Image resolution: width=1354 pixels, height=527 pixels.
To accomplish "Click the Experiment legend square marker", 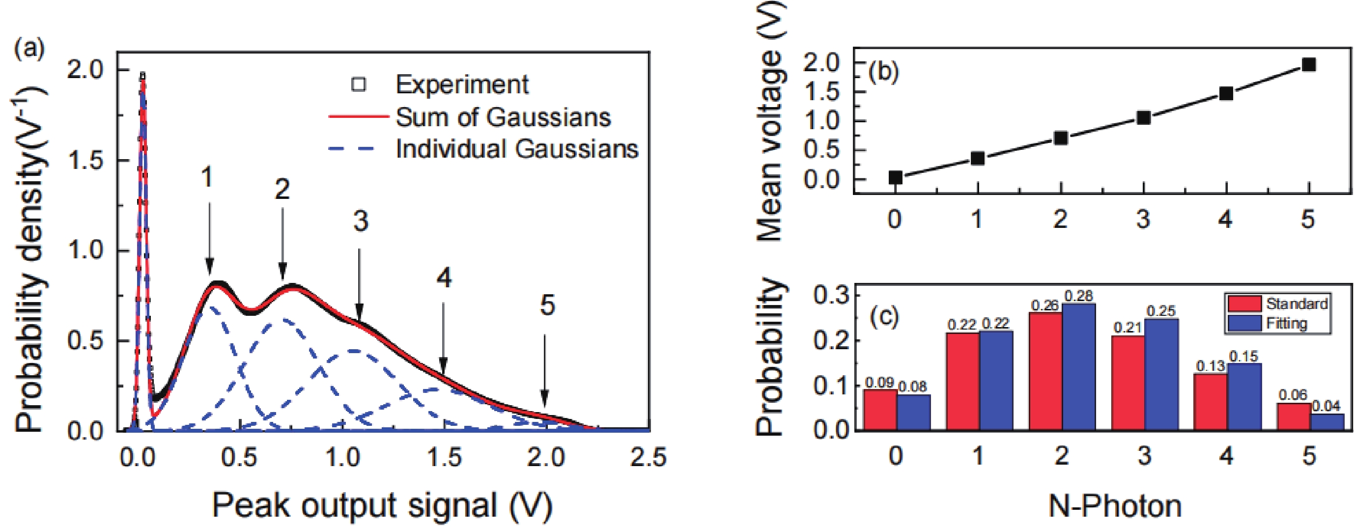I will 359,84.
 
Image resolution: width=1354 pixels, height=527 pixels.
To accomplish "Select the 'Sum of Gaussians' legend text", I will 503,117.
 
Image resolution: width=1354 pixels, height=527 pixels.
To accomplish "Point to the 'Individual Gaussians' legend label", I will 517,149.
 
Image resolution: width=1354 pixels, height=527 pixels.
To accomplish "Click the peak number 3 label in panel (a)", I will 361,221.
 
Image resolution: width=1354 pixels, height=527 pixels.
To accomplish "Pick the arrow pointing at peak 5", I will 544,371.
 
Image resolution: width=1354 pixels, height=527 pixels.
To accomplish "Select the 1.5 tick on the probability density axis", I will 85,161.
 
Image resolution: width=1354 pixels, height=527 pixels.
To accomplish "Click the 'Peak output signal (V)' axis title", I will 382,505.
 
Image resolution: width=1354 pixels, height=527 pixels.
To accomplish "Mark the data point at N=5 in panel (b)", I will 1309,65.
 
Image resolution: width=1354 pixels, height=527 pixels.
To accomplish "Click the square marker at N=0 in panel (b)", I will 896,178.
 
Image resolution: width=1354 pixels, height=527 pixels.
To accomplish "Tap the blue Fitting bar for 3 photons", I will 1161,375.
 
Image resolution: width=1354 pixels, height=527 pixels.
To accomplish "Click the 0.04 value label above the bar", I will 1326,406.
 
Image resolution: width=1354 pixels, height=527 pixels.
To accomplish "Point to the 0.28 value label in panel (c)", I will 1078,296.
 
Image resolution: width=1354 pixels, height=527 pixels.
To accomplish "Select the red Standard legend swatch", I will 1244,304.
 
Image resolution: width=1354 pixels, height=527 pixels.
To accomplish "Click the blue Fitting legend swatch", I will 1244,323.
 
